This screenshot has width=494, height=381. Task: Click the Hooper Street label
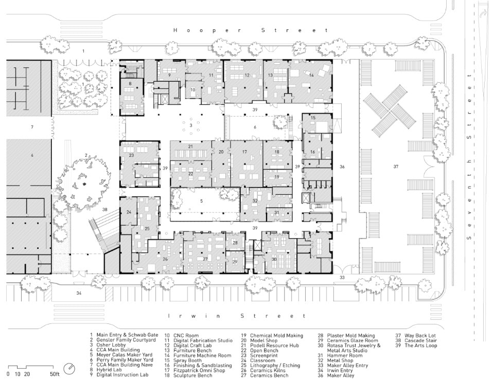click(x=251, y=30)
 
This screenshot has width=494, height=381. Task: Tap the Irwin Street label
click(x=237, y=316)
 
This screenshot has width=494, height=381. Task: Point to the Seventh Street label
click(x=469, y=157)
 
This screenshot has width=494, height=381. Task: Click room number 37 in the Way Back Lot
click(x=396, y=167)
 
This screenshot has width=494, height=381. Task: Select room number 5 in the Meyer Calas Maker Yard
click(x=201, y=201)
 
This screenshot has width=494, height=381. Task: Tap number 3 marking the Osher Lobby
click(x=191, y=125)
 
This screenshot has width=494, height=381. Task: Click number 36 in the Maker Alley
click(x=342, y=167)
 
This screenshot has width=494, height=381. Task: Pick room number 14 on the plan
click(x=311, y=75)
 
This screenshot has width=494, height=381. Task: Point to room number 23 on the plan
click(x=131, y=155)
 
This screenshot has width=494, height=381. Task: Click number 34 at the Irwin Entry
click(x=79, y=293)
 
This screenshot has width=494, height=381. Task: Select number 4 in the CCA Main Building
click(x=32, y=155)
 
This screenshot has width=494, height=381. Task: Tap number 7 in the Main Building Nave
click(x=32, y=127)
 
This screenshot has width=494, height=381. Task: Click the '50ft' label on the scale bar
click(x=54, y=374)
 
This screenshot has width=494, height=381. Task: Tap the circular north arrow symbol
click(x=69, y=369)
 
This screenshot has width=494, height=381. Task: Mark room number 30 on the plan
click(x=274, y=259)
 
